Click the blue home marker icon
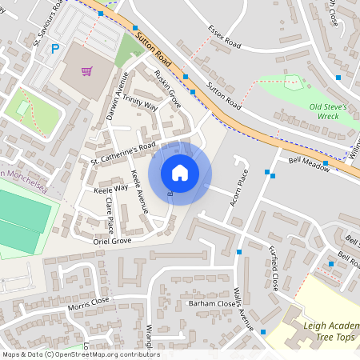pos(180,172)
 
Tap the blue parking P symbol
pos(55,49)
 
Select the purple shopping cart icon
pos(87,71)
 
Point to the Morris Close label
pos(88,302)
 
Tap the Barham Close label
pos(210,304)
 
